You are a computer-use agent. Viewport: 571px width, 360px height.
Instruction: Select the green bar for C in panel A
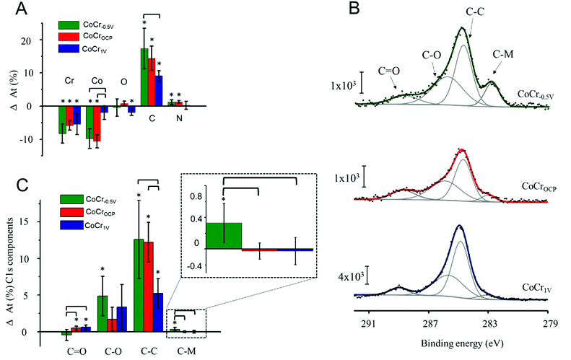(x=144, y=76)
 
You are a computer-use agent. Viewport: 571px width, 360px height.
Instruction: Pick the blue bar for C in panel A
(x=159, y=90)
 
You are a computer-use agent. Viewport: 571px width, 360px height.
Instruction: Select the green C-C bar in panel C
(x=139, y=285)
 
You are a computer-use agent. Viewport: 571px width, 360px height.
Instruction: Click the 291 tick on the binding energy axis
(x=369, y=324)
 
